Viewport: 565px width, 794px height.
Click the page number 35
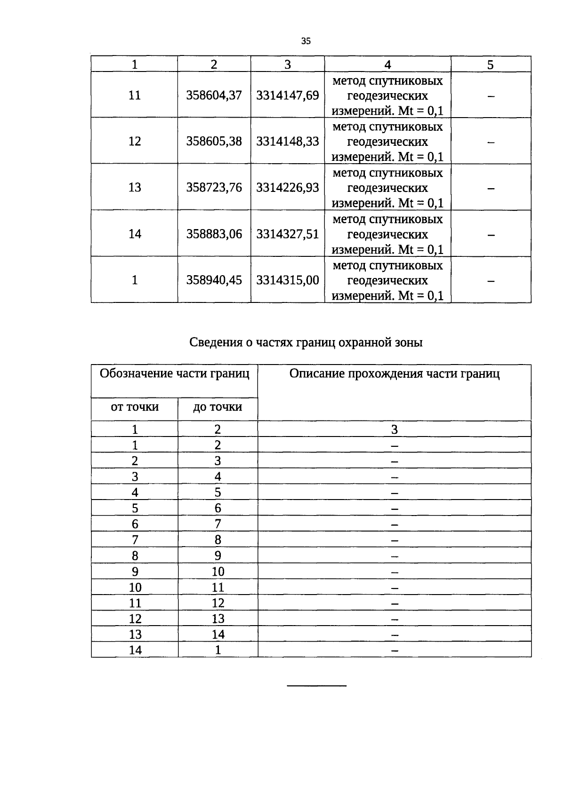point(306,41)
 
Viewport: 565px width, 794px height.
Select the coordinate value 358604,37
point(214,95)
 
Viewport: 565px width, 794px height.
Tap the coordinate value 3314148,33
point(287,142)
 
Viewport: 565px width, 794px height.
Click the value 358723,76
point(214,188)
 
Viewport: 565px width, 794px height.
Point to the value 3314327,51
point(287,234)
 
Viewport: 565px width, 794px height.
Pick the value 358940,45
point(214,280)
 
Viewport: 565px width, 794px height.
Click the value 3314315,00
point(287,280)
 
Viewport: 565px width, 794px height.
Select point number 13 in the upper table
point(135,188)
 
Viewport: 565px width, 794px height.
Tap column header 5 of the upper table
point(490,64)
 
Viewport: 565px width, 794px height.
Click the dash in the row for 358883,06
point(491,235)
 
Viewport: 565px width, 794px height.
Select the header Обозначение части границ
point(174,374)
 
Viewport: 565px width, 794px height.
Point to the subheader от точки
point(135,407)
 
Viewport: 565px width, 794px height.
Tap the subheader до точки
point(218,407)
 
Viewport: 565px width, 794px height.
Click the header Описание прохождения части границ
point(394,374)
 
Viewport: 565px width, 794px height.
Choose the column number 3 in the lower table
point(394,429)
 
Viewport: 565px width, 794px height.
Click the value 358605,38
point(214,142)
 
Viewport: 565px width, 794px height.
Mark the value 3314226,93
point(287,188)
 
